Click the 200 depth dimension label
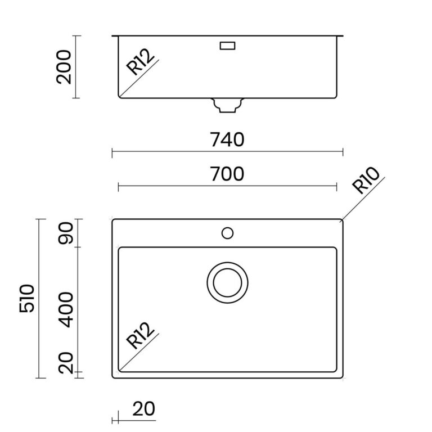coord(64,67)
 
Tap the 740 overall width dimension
coord(227,139)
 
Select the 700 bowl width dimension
coord(227,174)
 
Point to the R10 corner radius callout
coord(366,180)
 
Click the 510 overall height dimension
coord(27,298)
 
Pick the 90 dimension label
coord(66,233)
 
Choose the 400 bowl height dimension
coord(66,310)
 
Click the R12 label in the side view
coord(140,62)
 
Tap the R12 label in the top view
coord(140,335)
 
